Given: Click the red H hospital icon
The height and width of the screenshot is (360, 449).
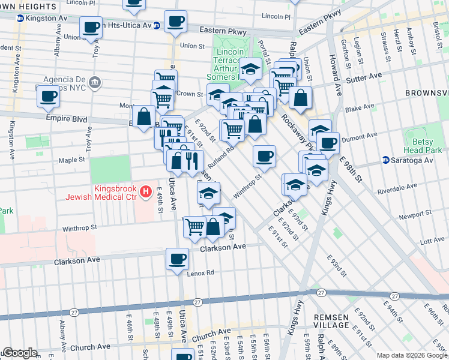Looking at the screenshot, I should [x=145, y=192].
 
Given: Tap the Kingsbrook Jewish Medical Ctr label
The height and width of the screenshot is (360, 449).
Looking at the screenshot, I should [x=114, y=192].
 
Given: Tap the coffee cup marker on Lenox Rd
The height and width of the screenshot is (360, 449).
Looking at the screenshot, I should [x=177, y=259].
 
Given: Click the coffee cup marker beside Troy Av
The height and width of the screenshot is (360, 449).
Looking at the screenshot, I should [x=91, y=27].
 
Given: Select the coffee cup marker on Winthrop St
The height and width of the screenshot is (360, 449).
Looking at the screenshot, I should [x=264, y=157].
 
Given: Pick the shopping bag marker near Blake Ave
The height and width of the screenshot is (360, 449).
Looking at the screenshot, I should [x=301, y=98].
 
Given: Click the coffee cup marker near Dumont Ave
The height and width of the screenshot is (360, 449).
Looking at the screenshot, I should [x=328, y=143].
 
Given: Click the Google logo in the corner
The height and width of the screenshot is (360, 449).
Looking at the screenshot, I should [x=20, y=353].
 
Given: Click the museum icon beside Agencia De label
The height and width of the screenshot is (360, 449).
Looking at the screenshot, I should [x=94, y=82].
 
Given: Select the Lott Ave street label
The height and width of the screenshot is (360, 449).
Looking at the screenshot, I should [x=432, y=240].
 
